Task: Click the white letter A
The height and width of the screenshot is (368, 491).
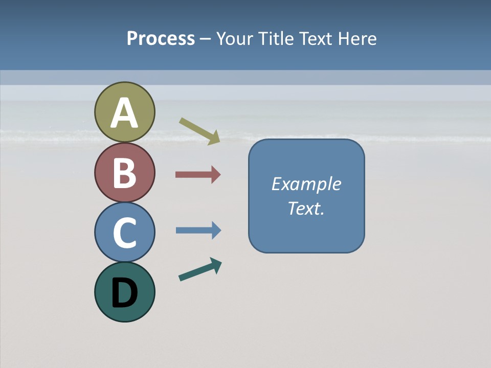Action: pos(124,113)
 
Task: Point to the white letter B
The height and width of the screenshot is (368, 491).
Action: pos(124,173)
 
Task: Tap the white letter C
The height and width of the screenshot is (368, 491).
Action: pos(124,233)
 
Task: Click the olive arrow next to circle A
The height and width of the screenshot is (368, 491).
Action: pos(200,131)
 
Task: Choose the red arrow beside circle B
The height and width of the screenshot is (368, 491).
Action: pos(198,175)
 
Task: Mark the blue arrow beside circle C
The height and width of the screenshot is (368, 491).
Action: pos(198,230)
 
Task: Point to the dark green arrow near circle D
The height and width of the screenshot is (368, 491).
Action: pos(200,270)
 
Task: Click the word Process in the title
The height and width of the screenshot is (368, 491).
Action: pos(161,39)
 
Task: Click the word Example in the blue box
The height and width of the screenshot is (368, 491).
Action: pos(306,184)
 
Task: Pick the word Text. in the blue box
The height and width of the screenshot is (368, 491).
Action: pos(306,209)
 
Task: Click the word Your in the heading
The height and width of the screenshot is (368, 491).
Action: pos(234,39)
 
